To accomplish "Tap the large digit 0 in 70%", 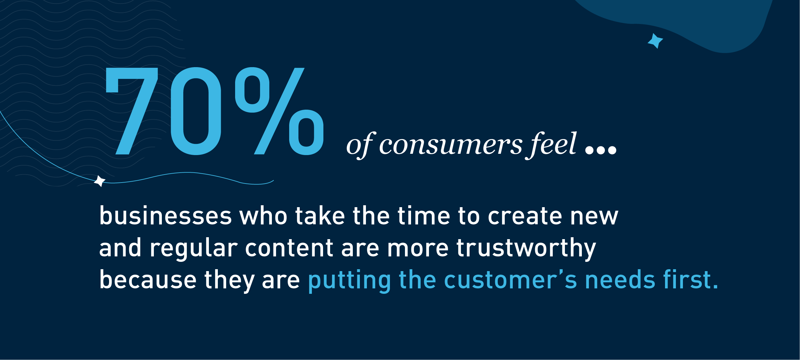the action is pos(196,111).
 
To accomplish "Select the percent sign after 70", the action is pos(279,111).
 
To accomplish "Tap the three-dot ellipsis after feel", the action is pos(601,150).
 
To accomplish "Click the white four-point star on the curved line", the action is pos(99,181).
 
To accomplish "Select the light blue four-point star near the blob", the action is pos(655,41).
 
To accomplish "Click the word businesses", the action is pos(165,215).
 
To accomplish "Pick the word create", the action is pos(525,216).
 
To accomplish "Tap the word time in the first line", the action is pos(424,215).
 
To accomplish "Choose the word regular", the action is pos(194,248).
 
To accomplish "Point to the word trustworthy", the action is pos(526,248).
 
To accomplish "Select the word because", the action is pos(148,279).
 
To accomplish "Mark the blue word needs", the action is pos(620,279).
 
